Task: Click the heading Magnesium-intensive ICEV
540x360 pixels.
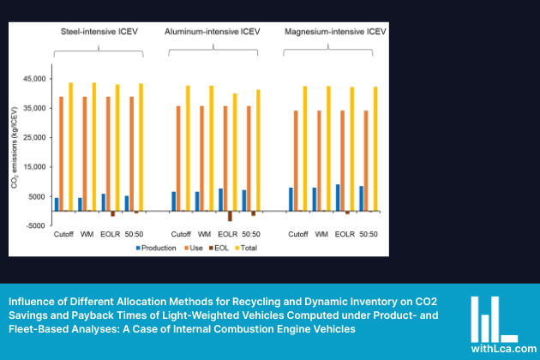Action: pyautogui.click(x=336, y=32)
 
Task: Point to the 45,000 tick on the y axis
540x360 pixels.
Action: pyautogui.click(x=33, y=79)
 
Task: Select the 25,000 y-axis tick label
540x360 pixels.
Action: pyautogui.click(x=33, y=137)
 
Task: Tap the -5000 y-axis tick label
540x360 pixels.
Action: pyautogui.click(x=34, y=225)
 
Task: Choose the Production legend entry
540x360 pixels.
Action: pyautogui.click(x=156, y=249)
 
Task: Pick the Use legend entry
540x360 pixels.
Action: pyautogui.click(x=195, y=249)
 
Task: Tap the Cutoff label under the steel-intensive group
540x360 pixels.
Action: pyautogui.click(x=64, y=234)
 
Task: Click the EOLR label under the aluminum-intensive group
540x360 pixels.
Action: pyautogui.click(x=227, y=234)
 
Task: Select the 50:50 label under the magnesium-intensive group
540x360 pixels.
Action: pyautogui.click(x=368, y=234)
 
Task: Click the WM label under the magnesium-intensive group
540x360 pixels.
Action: pyautogui.click(x=322, y=234)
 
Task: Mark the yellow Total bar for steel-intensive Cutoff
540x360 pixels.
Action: pyautogui.click(x=70, y=146)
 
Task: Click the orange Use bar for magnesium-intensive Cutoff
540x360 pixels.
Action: pyautogui.click(x=297, y=160)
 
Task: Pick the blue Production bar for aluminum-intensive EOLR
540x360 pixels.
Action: pyautogui.click(x=220, y=200)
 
